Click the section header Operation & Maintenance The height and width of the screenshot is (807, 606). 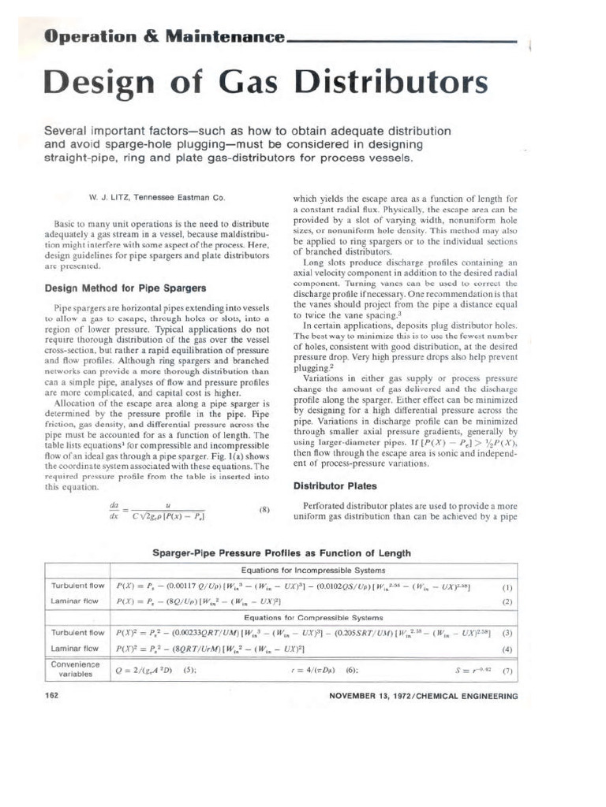(x=163, y=37)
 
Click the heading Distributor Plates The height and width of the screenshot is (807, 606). (x=335, y=485)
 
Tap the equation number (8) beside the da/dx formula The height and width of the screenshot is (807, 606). (x=264, y=510)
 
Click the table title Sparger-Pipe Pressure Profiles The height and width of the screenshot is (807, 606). (x=281, y=552)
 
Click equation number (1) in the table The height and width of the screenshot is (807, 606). (x=507, y=586)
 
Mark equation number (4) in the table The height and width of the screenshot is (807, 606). (x=507, y=649)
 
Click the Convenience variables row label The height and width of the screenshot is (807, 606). (x=77, y=668)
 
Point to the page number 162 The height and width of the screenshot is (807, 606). (x=52, y=696)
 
